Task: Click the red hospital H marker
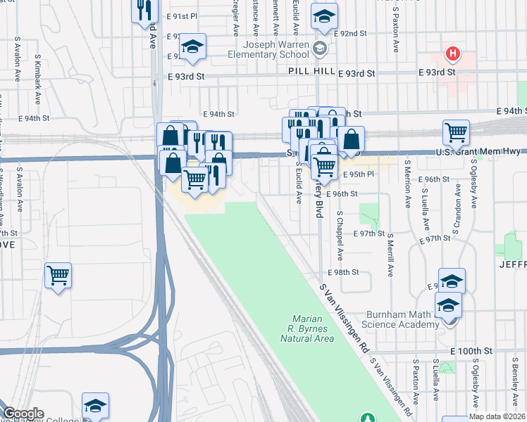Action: click(452, 53)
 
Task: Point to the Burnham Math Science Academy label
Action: click(402, 319)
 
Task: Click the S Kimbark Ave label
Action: click(36, 70)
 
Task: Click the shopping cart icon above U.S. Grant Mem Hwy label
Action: click(457, 132)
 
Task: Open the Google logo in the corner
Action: click(23, 414)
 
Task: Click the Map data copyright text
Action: click(496, 416)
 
